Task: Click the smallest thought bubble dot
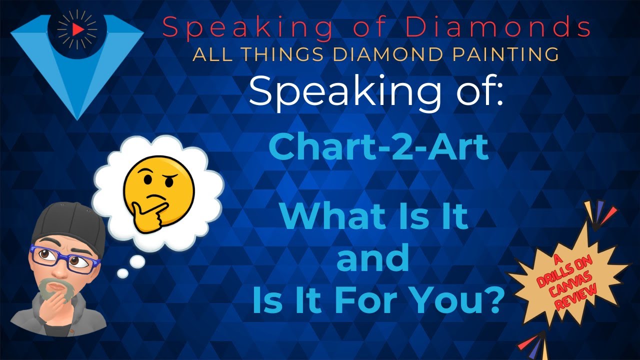[122, 273]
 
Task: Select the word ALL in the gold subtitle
[208, 54]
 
